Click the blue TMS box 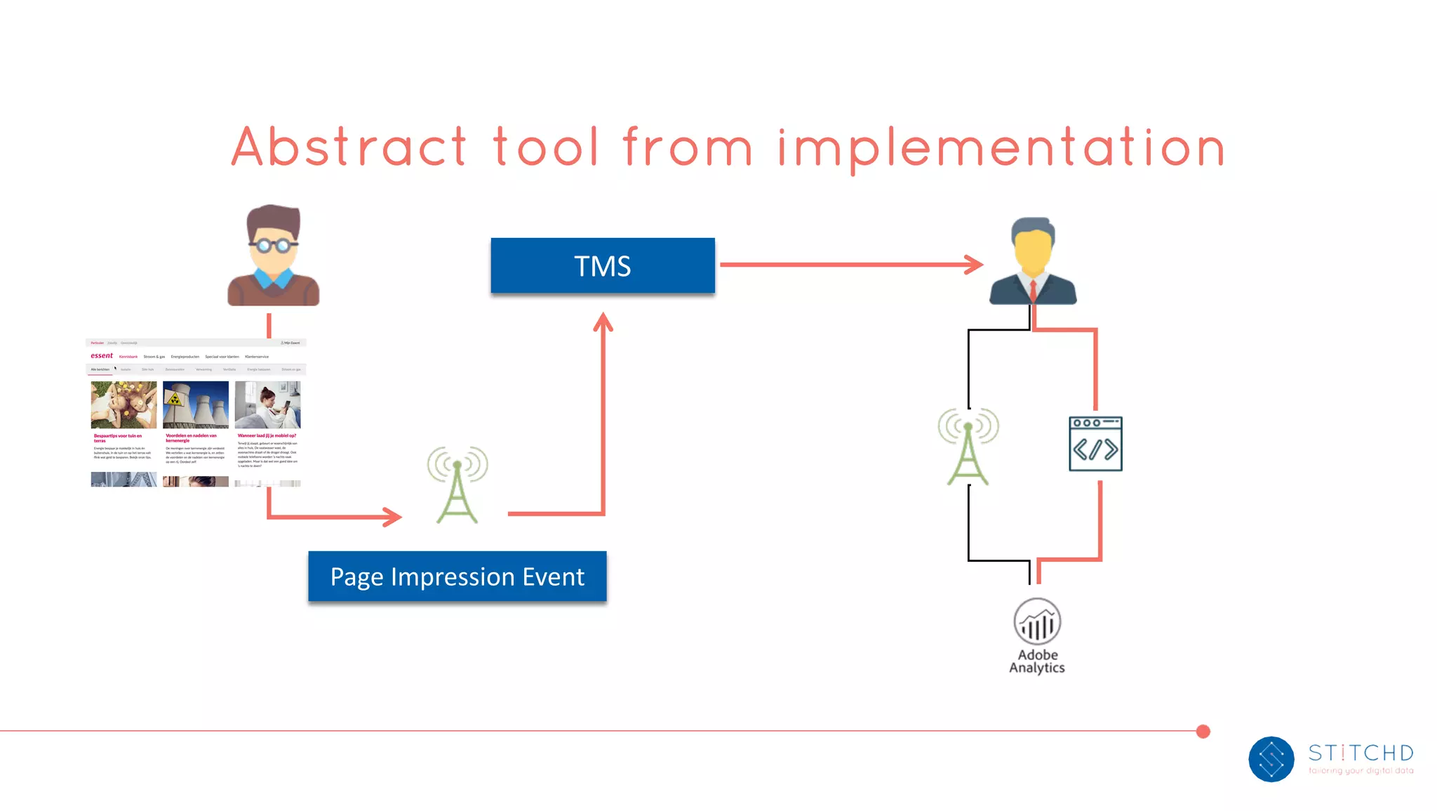602,265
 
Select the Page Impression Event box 457,576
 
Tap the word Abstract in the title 349,147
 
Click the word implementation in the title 1001,148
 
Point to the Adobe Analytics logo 1037,622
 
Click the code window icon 1095,444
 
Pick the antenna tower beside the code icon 968,447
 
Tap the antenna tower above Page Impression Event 457,484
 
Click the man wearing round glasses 274,256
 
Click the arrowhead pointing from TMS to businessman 975,265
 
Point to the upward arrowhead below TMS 603,322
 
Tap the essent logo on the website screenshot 102,355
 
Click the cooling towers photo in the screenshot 196,404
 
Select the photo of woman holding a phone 267,404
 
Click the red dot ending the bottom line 1203,732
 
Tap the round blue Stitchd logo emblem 1271,759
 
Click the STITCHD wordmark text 1361,753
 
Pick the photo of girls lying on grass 123,404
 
